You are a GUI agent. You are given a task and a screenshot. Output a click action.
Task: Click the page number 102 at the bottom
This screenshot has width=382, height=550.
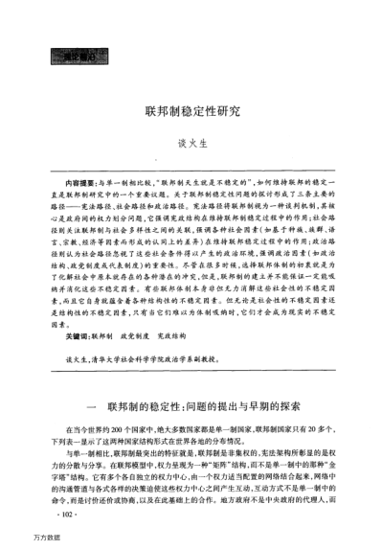(68, 513)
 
